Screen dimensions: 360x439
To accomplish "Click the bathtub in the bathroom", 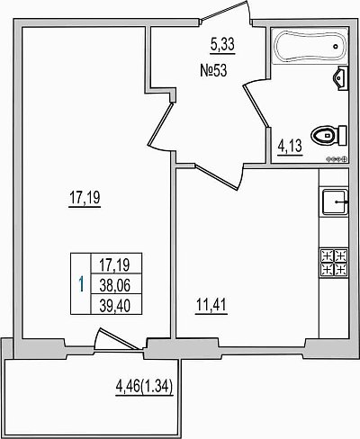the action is pos(310,46).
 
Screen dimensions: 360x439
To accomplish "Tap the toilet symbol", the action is pos(329,136).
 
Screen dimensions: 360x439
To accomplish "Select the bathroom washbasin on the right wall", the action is pos(340,78).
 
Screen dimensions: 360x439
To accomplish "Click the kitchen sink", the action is pos(335,202).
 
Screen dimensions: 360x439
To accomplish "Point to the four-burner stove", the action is pos(335,262).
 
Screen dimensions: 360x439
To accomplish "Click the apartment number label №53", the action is pos(213,71).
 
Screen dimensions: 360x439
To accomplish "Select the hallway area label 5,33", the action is pos(222,45).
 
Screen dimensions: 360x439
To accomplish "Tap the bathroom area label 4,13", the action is pos(290,146).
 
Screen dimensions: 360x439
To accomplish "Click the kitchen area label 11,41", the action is pos(211,305).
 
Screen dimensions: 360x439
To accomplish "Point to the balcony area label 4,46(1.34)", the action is pos(144,386).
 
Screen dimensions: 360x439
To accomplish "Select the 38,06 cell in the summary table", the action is pos(115,284).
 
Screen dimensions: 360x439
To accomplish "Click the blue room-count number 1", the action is pos(81,284).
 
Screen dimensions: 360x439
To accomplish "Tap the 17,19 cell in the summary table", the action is pos(115,264).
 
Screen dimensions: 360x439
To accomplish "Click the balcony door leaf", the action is pos(121,339).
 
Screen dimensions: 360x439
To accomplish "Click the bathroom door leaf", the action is pos(256,105).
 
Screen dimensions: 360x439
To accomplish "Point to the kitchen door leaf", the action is pos(216,177).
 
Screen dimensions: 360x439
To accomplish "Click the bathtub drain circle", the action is pos(336,47).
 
